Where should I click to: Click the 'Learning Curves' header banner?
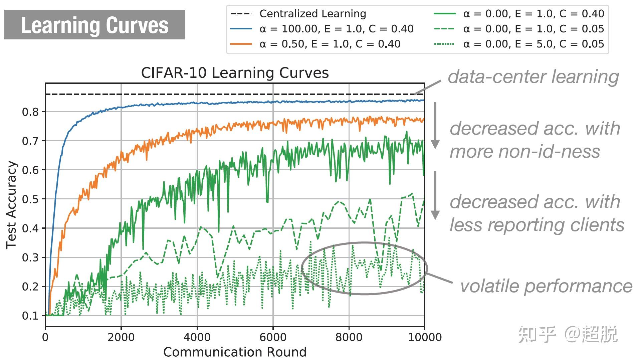point(94,25)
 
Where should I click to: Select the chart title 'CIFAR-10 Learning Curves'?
point(235,73)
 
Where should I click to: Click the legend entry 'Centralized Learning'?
point(312,14)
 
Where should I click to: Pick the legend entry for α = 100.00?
point(336,29)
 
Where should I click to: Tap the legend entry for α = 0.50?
point(330,44)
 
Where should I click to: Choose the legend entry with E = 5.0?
point(533,44)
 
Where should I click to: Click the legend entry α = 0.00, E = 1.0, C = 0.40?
point(533,14)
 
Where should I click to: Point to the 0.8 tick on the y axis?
point(31,112)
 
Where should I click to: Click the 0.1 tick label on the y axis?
point(31,316)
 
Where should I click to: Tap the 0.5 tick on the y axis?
point(31,199)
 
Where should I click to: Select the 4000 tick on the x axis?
point(197,337)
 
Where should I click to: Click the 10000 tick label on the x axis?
point(425,337)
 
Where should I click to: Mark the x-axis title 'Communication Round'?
point(235,352)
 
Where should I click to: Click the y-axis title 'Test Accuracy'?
point(11,205)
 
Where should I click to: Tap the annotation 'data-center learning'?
point(533,77)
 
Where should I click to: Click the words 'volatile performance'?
point(546,286)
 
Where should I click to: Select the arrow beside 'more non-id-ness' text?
point(435,125)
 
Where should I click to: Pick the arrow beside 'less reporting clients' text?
point(435,195)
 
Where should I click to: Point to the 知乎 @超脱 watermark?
point(568,334)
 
